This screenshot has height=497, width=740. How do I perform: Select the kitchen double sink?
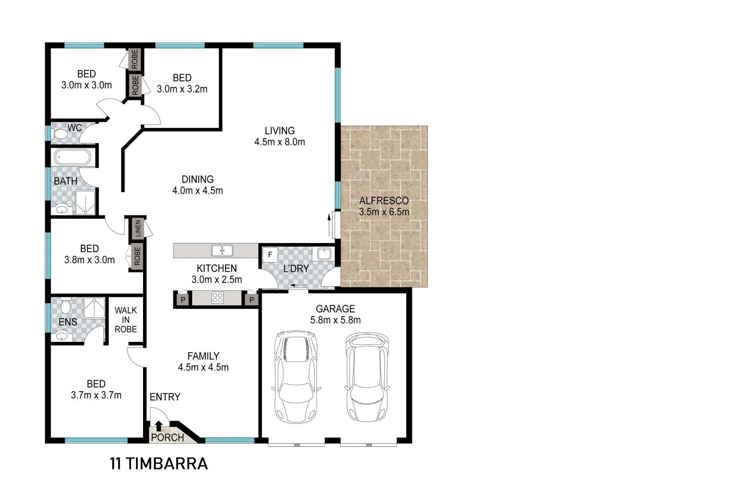tap(222, 251)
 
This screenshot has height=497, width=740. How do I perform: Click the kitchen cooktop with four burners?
tap(218, 298)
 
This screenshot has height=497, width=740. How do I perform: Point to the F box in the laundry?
tap(270, 254)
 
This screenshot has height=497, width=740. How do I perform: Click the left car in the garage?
tap(296, 376)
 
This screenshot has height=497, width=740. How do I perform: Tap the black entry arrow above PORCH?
tap(159, 425)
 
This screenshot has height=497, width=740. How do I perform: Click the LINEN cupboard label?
tap(138, 229)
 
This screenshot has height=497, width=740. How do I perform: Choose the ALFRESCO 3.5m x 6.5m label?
tap(384, 207)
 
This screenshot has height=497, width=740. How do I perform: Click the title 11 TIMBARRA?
tap(159, 463)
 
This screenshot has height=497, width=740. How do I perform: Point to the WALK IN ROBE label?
tap(126, 320)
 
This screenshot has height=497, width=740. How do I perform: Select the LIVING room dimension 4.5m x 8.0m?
tap(280, 142)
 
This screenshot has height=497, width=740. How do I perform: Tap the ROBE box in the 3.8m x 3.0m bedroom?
tap(137, 256)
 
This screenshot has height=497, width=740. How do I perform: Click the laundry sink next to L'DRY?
tap(324, 254)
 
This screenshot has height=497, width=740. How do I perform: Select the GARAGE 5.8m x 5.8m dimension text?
tap(335, 320)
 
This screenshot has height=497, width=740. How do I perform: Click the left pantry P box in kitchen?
tap(183, 300)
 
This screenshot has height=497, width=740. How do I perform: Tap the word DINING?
tap(198, 179)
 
